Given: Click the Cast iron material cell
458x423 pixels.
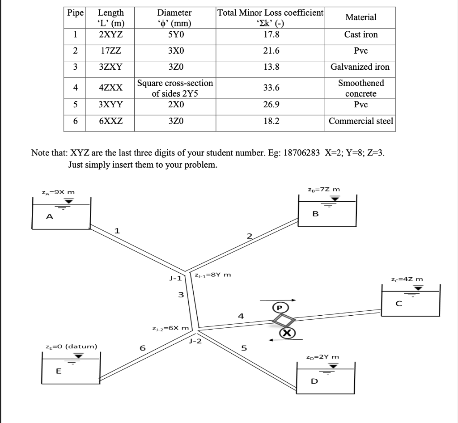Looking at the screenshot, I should point(360,35).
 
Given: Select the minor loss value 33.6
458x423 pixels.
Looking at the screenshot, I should point(271,88).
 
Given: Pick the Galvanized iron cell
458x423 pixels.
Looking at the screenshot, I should point(360,67).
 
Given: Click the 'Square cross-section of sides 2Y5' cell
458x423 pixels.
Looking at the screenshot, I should point(175,88).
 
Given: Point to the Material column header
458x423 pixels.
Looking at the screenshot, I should point(360,17).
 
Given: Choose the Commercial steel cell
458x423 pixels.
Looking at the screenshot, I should point(360,121).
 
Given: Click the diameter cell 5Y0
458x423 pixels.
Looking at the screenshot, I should point(174,35).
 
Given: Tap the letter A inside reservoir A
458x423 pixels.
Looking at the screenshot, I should point(50,217).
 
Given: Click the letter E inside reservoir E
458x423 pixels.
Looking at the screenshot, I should point(58,371).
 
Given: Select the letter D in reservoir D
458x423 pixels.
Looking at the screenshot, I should point(314,381).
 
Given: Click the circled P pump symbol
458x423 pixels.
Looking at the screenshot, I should point(280,308).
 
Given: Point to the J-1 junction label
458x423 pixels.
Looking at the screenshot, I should point(175,278).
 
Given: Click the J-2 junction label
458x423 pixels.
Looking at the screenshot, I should point(195,342).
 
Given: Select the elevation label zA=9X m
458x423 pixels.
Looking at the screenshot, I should point(58,192).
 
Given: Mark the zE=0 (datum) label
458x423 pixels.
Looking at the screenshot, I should point(71,346).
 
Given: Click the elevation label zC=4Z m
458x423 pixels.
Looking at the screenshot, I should point(407,279).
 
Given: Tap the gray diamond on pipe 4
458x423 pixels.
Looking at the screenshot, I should point(284,320).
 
